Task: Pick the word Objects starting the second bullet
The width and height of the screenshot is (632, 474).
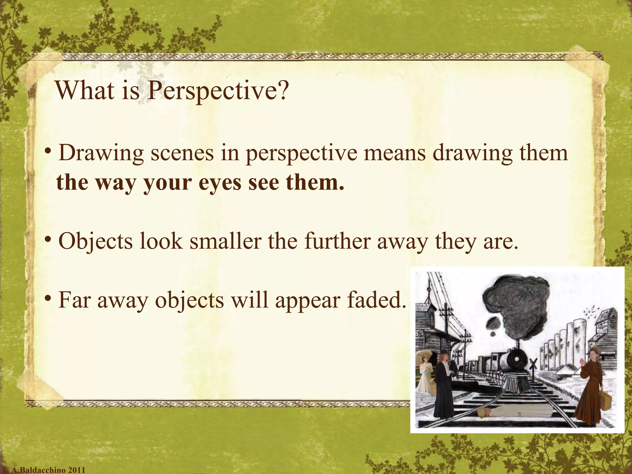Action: pos(95,241)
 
